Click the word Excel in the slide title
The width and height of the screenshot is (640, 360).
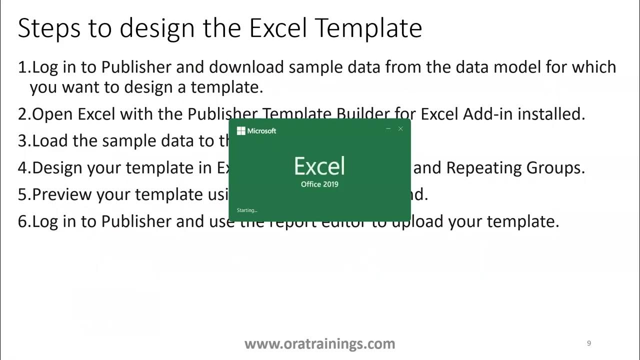(x=278, y=28)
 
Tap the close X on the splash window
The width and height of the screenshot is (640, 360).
(x=400, y=129)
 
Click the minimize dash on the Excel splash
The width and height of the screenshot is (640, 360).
(x=388, y=129)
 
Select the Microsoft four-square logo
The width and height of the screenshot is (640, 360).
(x=241, y=131)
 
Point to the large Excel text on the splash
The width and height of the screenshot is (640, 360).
(x=319, y=166)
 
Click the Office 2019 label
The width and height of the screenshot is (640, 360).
(x=319, y=184)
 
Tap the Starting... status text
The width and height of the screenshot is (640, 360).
(x=247, y=210)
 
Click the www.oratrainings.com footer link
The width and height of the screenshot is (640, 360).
(x=319, y=344)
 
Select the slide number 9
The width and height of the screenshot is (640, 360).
(x=589, y=343)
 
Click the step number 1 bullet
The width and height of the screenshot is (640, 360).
(x=22, y=67)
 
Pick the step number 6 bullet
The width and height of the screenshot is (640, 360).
(x=23, y=221)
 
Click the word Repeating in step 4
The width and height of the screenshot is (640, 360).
(x=483, y=167)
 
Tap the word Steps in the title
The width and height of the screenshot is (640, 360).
(x=49, y=28)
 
